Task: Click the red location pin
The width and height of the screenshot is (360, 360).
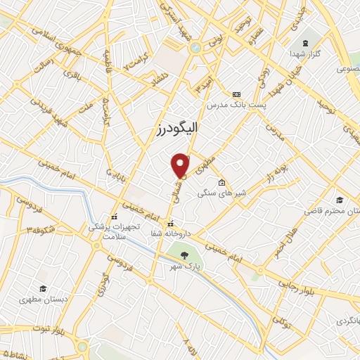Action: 181,165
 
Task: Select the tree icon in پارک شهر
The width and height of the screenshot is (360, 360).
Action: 184,256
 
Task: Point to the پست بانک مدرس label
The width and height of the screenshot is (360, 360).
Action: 229,104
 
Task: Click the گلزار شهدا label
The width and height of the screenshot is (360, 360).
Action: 305,53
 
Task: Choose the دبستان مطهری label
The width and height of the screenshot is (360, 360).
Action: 42,298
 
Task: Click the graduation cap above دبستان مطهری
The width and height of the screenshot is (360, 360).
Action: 42,288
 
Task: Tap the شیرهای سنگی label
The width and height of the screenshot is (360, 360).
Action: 216,193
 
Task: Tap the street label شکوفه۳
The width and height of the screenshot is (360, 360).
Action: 41,231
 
